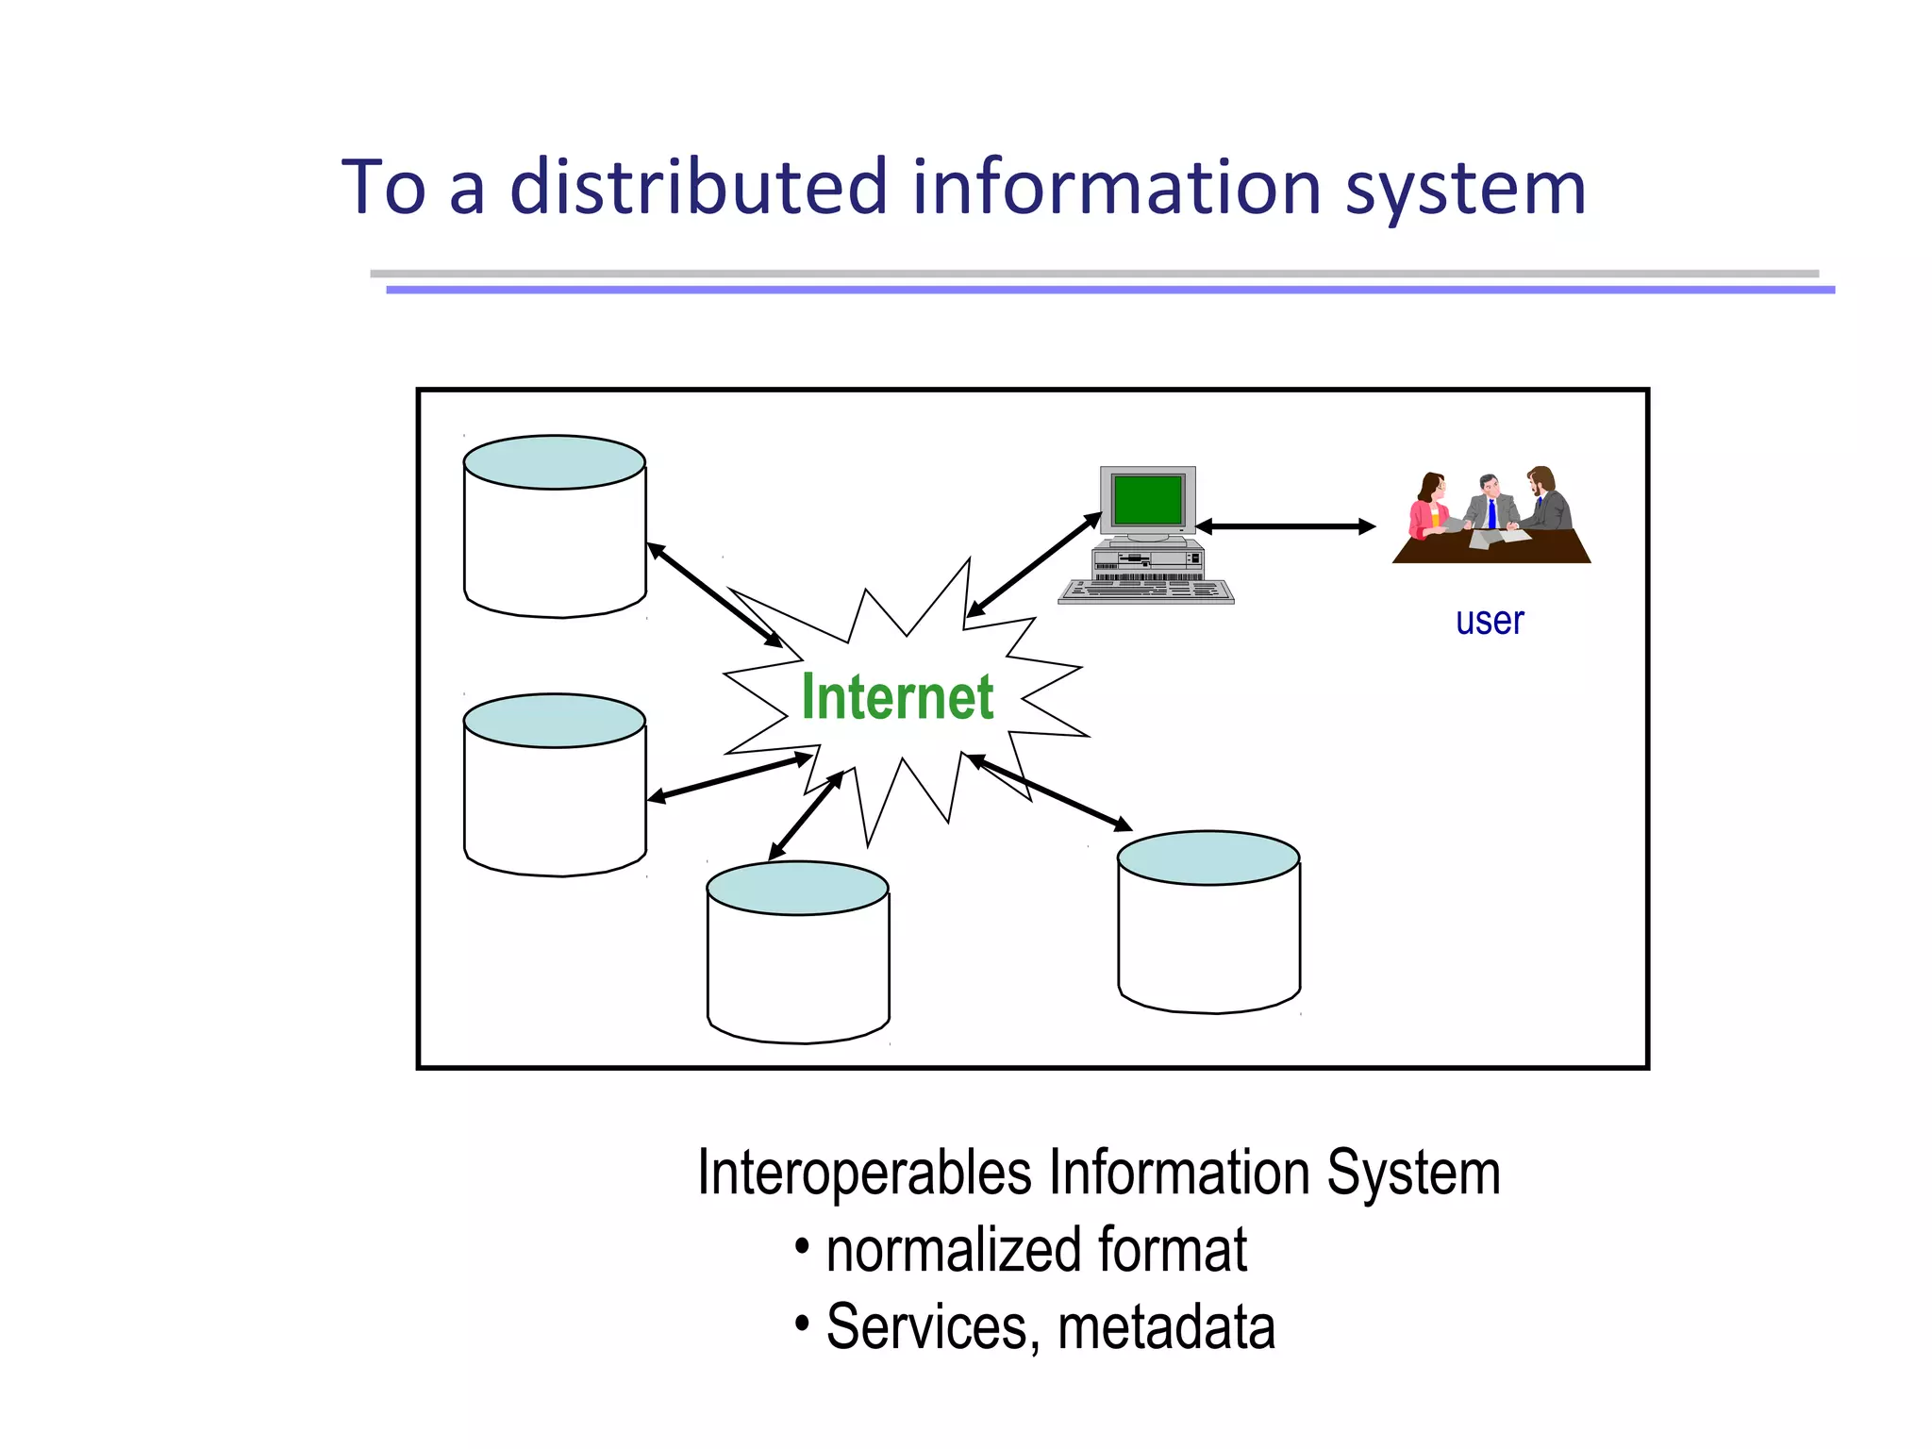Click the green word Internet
tap(897, 697)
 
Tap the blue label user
tap(1490, 622)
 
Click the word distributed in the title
tap(699, 188)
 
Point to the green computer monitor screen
tap(1147, 499)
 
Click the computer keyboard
tap(1146, 591)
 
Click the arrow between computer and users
tap(1285, 526)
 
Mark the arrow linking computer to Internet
tap(1035, 565)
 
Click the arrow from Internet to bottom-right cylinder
tap(1049, 792)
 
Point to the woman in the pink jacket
tap(1429, 509)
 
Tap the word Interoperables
tap(864, 1174)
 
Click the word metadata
tap(1166, 1327)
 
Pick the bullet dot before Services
tap(802, 1324)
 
